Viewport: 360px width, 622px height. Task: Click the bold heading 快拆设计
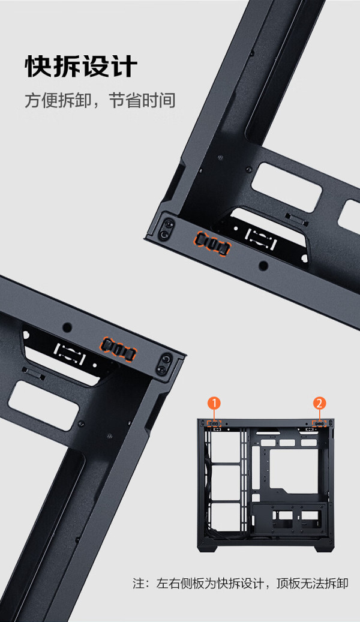point(81,67)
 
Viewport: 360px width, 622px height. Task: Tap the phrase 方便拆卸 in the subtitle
point(50,101)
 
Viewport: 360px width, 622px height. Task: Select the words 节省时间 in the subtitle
point(142,101)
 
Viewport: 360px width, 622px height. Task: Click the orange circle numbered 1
point(214,404)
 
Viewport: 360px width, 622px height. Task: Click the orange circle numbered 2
point(320,404)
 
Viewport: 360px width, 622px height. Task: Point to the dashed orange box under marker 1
point(214,423)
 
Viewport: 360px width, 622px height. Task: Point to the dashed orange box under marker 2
point(320,423)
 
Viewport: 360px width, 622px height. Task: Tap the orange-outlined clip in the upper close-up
point(212,243)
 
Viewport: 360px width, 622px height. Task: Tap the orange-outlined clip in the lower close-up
point(119,349)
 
